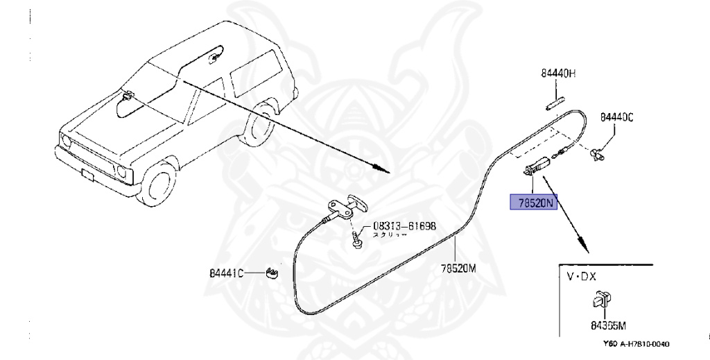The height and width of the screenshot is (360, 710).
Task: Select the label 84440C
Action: pyautogui.click(x=617, y=118)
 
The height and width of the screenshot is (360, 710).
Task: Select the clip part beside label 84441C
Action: pyautogui.click(x=272, y=272)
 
